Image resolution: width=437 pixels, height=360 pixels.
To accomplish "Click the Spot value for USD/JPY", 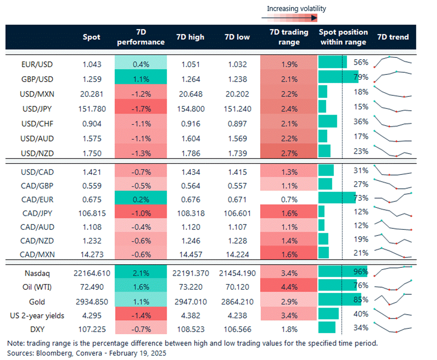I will [92, 109].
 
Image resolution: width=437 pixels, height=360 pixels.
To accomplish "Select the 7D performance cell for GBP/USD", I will [141, 79].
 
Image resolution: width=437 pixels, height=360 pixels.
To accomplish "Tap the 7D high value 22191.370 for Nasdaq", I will [190, 273].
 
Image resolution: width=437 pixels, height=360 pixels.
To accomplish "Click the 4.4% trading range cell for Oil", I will [289, 288].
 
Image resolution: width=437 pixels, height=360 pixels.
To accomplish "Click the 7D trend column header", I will [393, 37].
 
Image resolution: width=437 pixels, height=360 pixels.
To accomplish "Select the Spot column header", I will [92, 37].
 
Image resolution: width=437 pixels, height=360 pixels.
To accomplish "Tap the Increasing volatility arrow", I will [289, 18].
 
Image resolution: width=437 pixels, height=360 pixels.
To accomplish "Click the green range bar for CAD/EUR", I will [337, 198].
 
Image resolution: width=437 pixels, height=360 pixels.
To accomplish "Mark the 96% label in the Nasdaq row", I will [361, 271].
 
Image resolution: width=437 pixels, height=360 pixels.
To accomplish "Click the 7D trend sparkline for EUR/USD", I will [393, 62].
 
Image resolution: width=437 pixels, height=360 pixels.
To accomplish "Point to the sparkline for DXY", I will [393, 329].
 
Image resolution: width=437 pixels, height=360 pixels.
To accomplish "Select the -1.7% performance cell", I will [141, 109].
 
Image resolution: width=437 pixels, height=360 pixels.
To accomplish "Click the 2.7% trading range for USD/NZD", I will [289, 152].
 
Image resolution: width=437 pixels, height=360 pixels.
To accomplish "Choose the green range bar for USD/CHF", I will [328, 121].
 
